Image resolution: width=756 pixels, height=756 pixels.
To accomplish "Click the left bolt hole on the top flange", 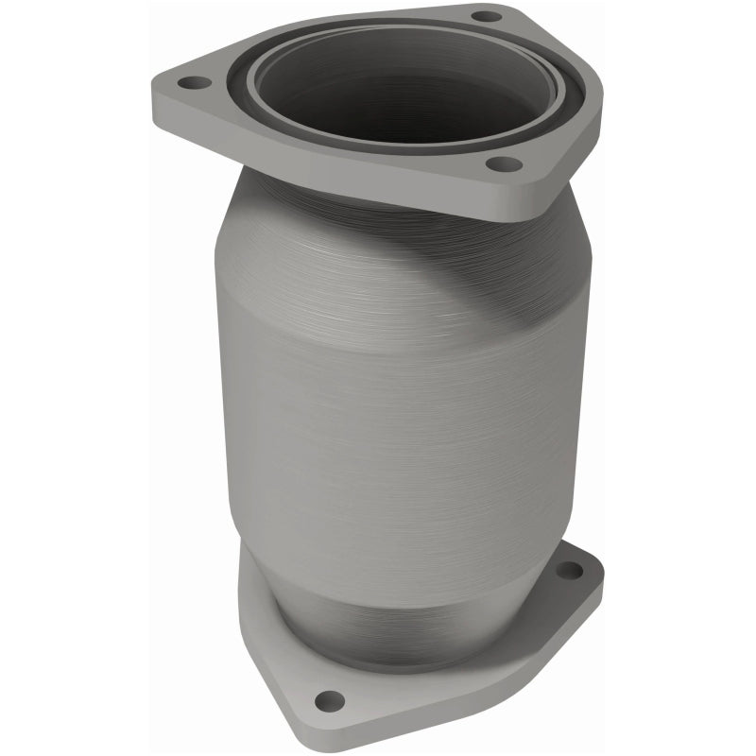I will point(196,83).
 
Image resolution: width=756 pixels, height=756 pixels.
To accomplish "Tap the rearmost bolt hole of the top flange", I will point(485,16).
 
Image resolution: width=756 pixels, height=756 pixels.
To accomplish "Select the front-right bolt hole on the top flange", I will point(502,164).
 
